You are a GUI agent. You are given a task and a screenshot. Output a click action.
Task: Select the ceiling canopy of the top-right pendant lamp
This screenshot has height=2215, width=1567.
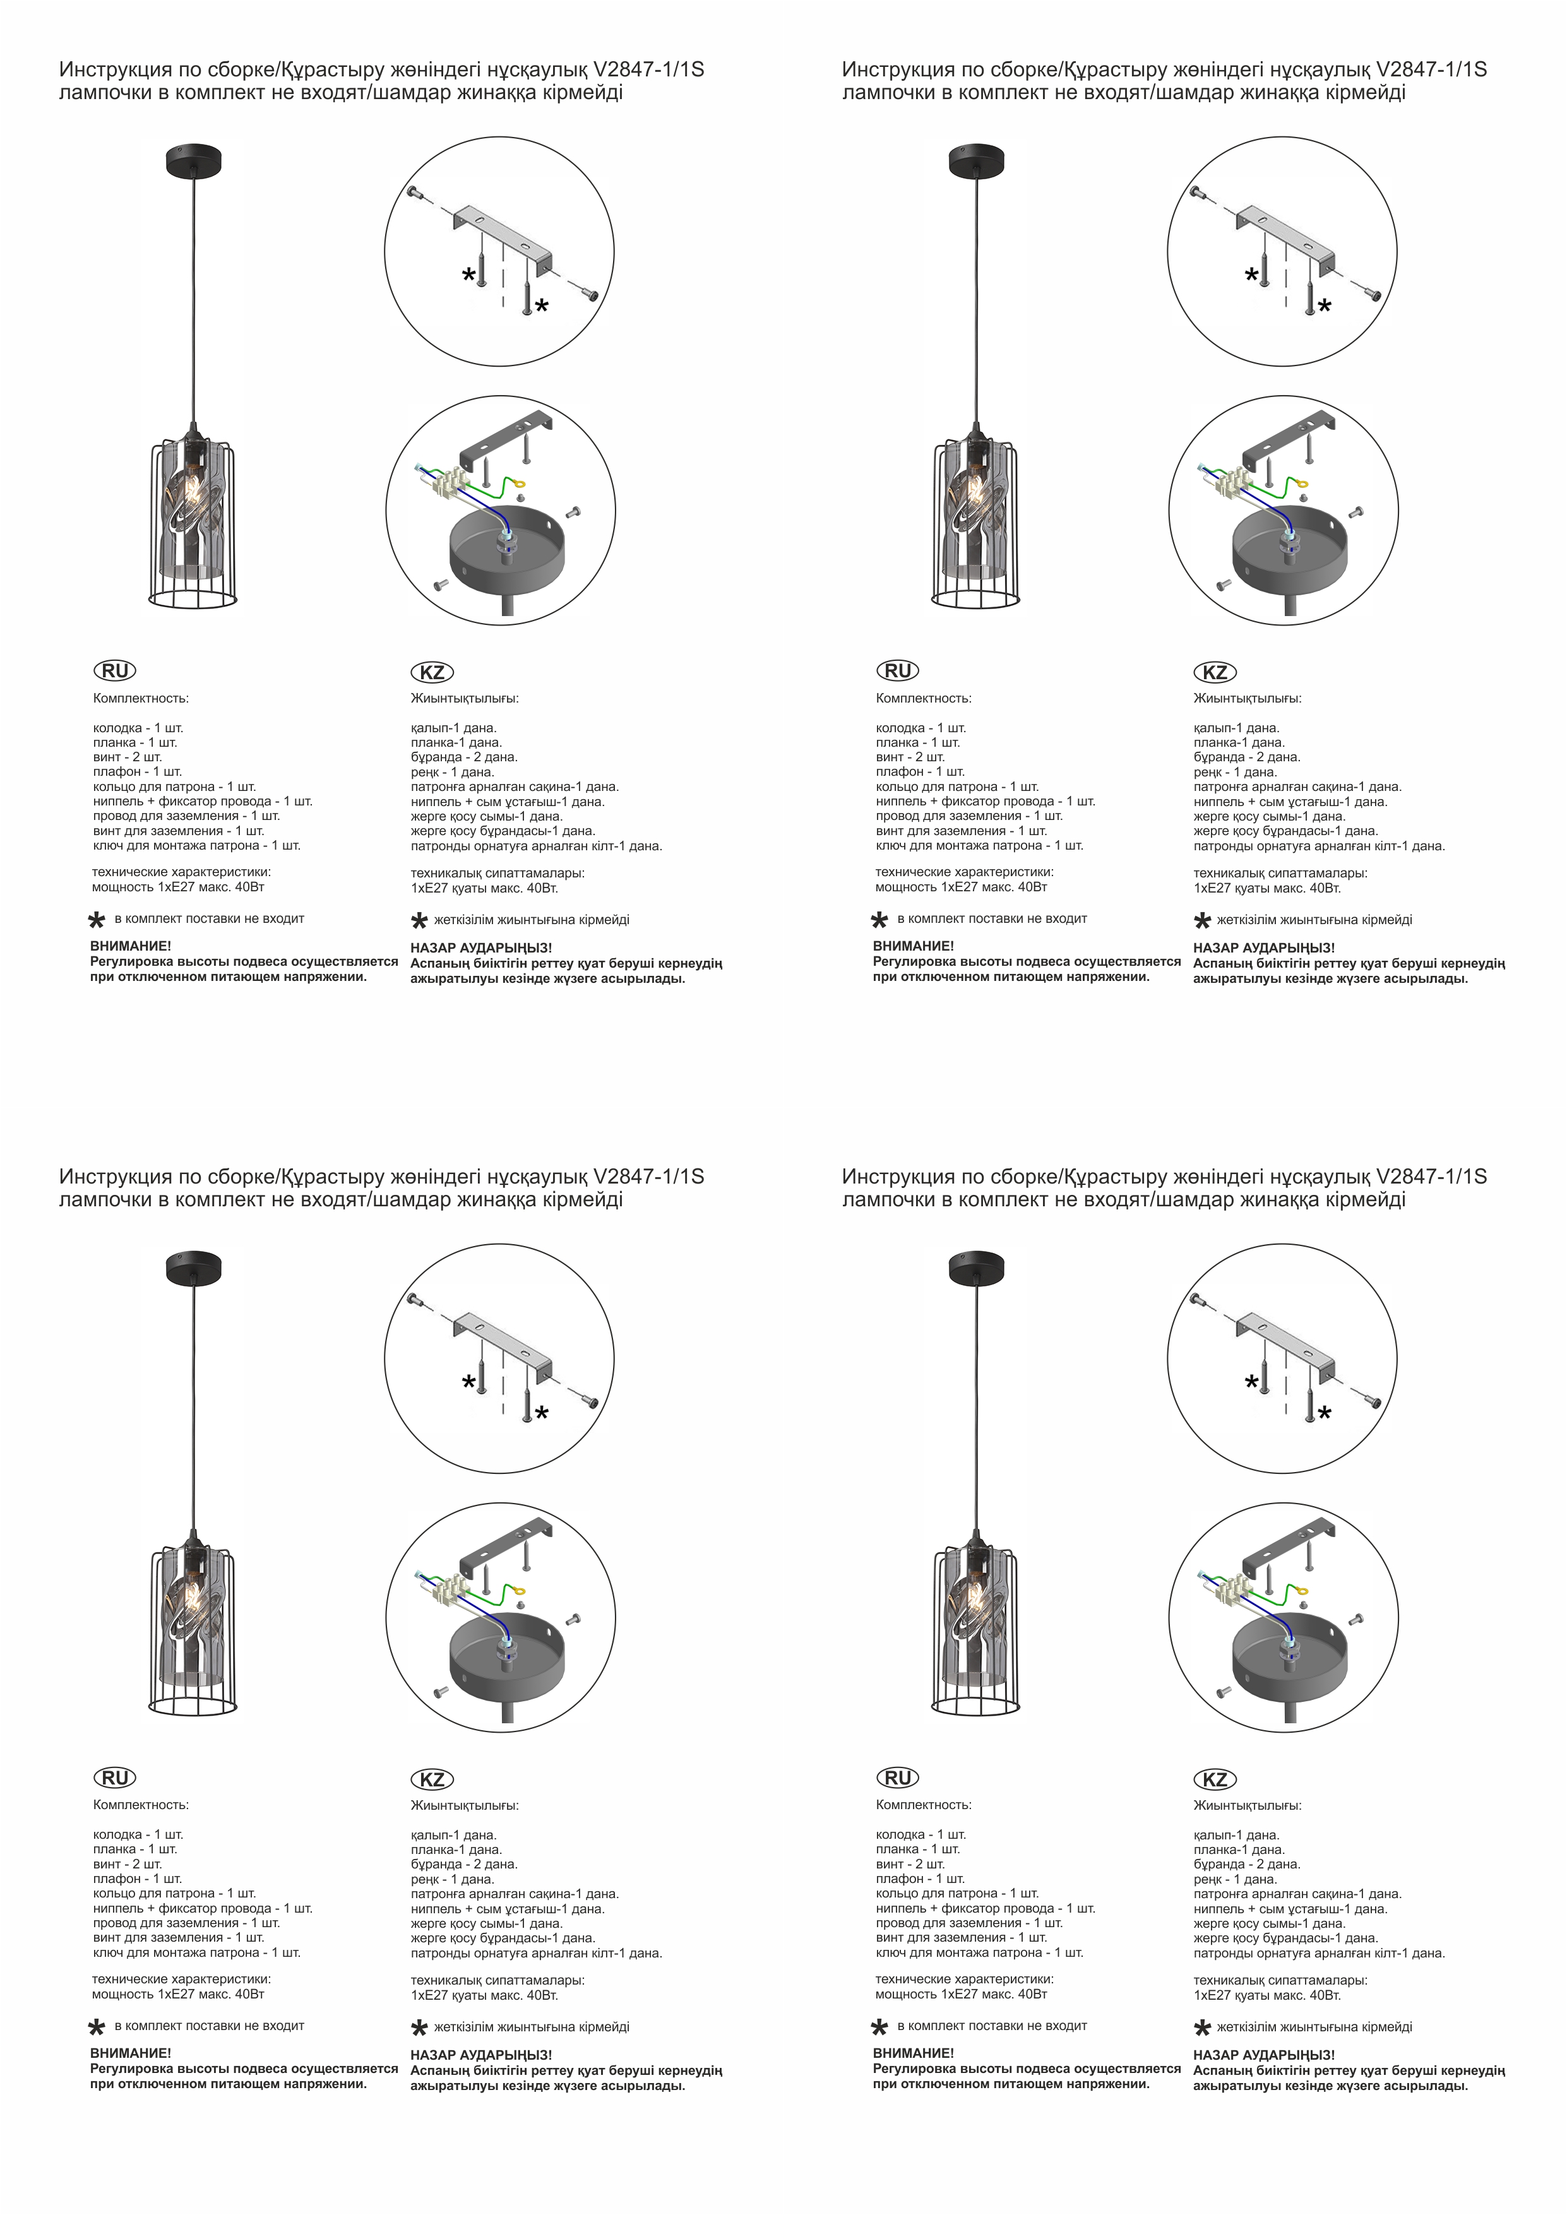pos(977,161)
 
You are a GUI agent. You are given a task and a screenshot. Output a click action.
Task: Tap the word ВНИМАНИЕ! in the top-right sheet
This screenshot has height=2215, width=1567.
pos(913,946)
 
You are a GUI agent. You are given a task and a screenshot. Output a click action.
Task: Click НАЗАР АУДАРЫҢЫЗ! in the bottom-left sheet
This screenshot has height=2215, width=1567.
pos(482,2056)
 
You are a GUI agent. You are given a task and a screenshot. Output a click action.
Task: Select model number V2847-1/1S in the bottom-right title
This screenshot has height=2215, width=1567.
pos(1432,1177)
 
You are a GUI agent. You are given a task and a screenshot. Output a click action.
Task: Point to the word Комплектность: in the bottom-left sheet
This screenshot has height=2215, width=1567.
pos(141,1805)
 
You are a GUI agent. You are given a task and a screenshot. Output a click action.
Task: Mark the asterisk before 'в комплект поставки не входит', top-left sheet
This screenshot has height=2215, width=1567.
pos(97,920)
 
